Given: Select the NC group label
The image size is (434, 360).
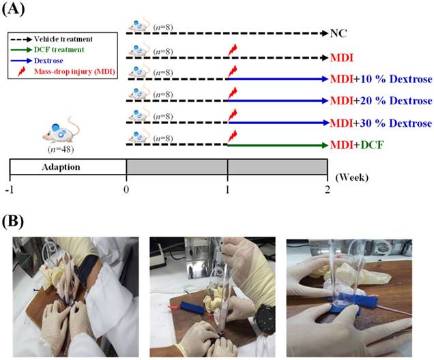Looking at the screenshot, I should (338, 33).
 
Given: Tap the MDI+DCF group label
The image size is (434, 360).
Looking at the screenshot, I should (367, 145).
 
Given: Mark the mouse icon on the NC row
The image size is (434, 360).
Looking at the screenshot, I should (139, 27).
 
